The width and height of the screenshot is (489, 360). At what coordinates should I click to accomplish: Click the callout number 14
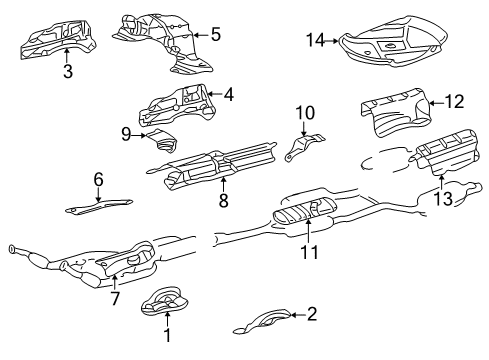pyautogui.click(x=315, y=40)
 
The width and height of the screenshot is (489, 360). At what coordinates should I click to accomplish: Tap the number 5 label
pyautogui.click(x=216, y=34)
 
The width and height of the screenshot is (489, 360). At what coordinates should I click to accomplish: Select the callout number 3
pyautogui.click(x=68, y=71)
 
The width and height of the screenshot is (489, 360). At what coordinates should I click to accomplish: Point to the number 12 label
pyautogui.click(x=455, y=102)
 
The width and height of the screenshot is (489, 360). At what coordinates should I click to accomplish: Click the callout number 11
pyautogui.click(x=310, y=252)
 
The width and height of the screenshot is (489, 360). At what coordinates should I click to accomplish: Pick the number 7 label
pyautogui.click(x=115, y=298)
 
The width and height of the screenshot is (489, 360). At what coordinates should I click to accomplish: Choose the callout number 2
pyautogui.click(x=312, y=314)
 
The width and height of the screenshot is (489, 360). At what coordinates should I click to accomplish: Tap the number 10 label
pyautogui.click(x=305, y=113)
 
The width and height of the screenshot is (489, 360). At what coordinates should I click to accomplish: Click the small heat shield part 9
pyautogui.click(x=163, y=141)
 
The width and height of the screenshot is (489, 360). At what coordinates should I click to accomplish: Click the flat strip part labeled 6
pyautogui.click(x=99, y=206)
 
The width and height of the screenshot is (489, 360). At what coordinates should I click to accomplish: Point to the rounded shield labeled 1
pyautogui.click(x=165, y=301)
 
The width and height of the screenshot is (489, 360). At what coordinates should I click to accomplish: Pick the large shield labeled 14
pyautogui.click(x=393, y=42)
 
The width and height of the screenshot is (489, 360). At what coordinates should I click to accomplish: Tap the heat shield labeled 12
pyautogui.click(x=396, y=113)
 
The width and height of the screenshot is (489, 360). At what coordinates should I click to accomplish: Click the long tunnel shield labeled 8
pyautogui.click(x=213, y=165)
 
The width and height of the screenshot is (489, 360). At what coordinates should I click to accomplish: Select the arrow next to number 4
pyautogui.click(x=215, y=94)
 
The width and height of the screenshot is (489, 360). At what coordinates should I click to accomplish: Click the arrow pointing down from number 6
pyautogui.click(x=98, y=195)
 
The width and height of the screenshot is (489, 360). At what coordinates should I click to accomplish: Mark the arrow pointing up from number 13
pyautogui.click(x=442, y=182)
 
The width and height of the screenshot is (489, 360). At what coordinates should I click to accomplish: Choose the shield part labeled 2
pyautogui.click(x=263, y=321)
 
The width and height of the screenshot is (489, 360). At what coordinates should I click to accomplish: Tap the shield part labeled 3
pyautogui.click(x=58, y=39)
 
